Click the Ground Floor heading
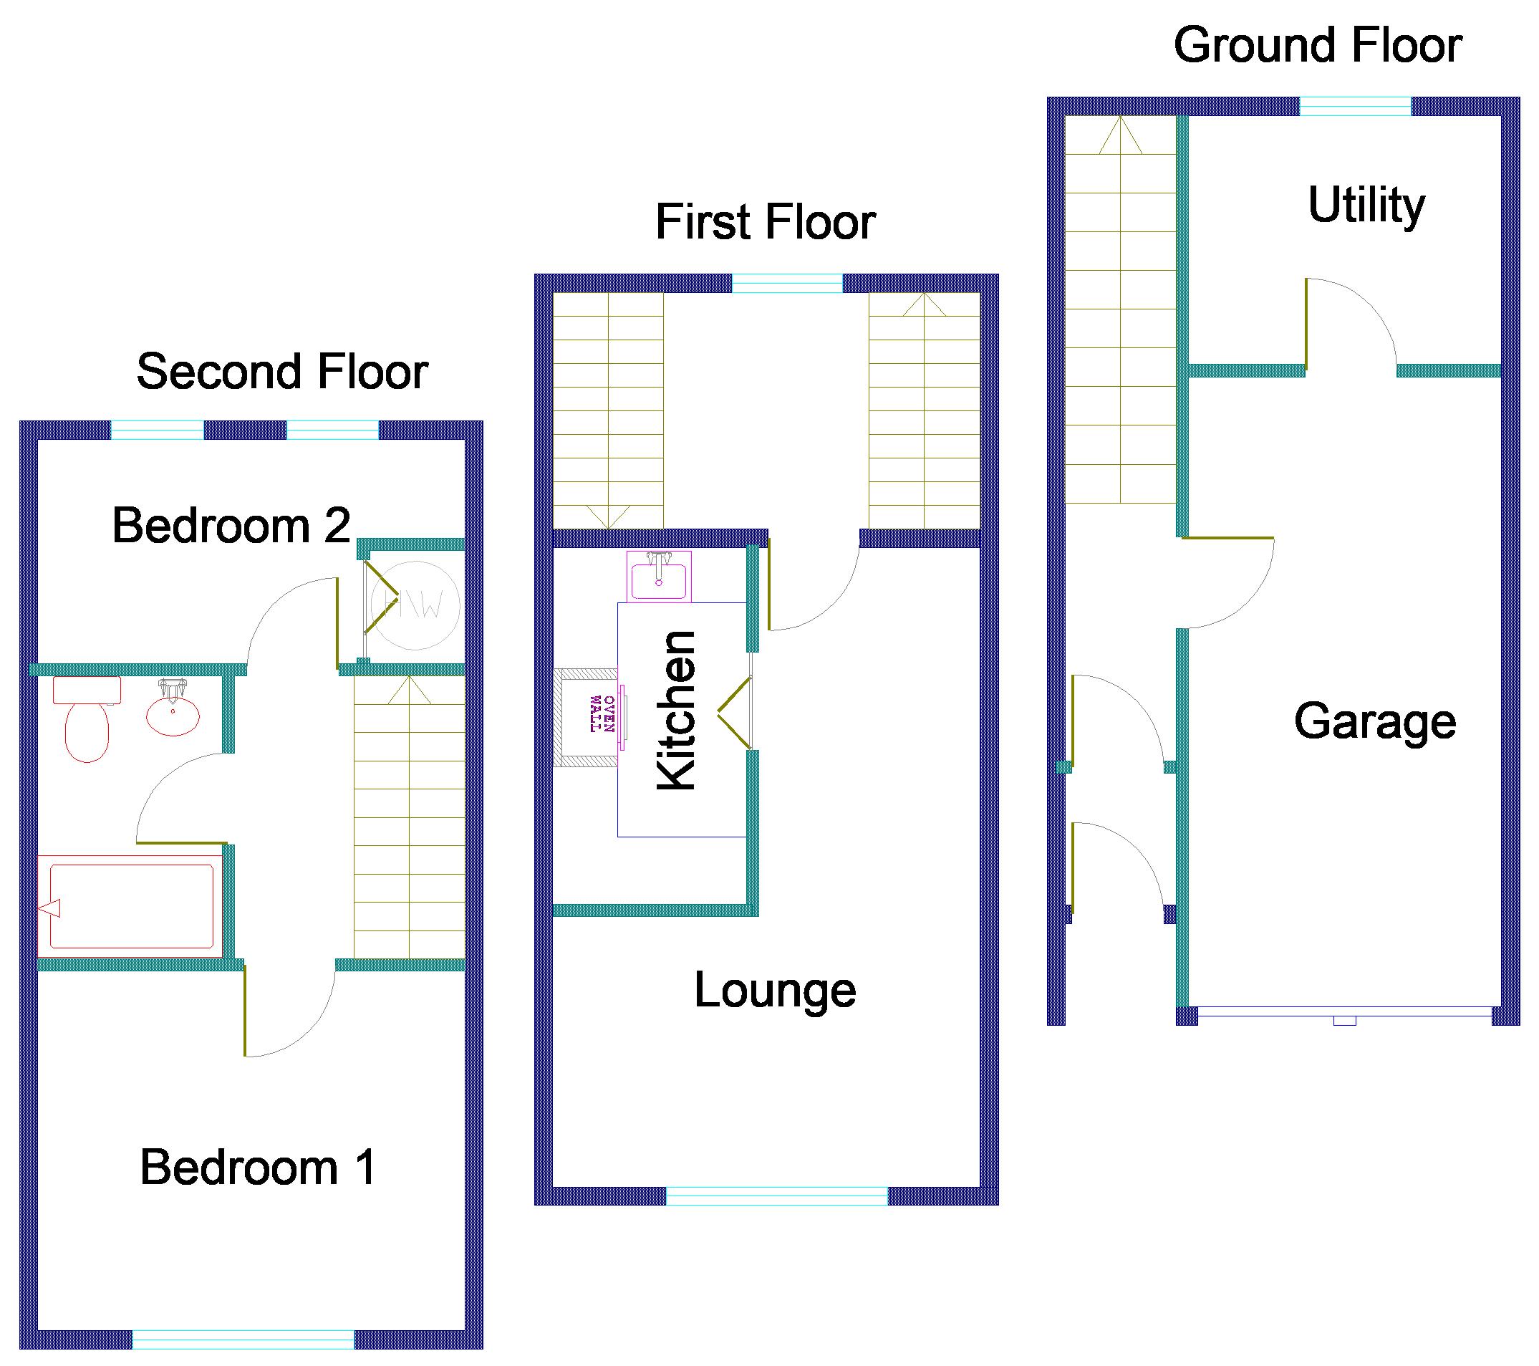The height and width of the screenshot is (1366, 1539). pos(1318,45)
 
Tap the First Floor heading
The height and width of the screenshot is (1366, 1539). pos(766,222)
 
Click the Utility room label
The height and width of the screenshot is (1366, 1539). pos(1366,206)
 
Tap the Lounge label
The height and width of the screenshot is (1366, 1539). pos(775,991)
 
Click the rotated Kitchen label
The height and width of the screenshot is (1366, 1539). pos(676,710)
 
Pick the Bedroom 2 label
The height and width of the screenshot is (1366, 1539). pos(231,525)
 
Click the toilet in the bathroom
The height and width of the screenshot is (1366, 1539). pos(87,719)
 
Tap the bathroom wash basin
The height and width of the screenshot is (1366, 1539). pos(173,708)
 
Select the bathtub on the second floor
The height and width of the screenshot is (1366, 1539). pos(130,907)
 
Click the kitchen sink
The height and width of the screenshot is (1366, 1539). pos(659,576)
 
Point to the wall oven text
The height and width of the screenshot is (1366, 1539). pos(603,714)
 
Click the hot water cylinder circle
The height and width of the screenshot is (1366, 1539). pos(415,605)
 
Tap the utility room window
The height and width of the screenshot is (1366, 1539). pos(1355,106)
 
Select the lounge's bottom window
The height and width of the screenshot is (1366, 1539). pos(777,1196)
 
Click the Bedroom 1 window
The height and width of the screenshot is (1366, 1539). pos(243,1339)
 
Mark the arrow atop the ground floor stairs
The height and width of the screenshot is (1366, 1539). pos(1120,135)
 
